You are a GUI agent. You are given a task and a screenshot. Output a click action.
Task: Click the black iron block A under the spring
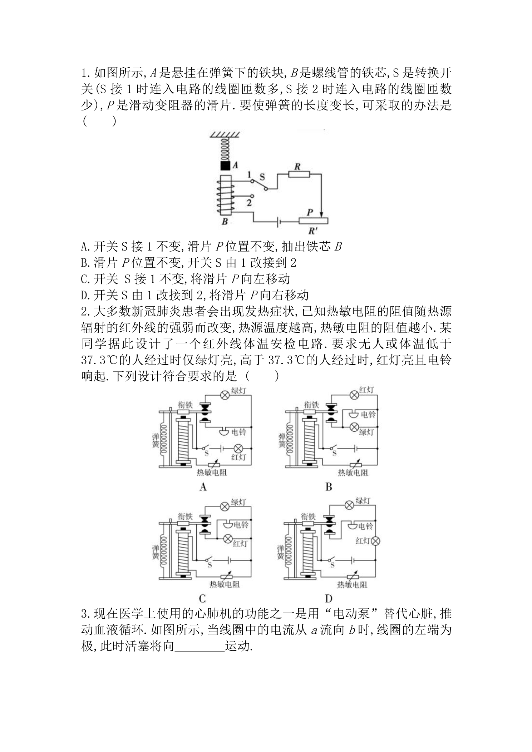pos(225,166)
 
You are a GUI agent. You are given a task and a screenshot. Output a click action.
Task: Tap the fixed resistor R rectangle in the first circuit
pos(299,174)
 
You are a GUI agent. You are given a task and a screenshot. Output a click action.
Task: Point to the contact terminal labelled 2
pos(252,196)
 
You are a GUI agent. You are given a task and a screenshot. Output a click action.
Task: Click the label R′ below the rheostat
pos(313,231)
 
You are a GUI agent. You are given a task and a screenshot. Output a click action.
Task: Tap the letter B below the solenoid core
pos(225,222)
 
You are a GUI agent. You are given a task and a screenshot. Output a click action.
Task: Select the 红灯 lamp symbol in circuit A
pos(238,448)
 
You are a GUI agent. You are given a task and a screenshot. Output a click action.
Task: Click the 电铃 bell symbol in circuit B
pos(354,415)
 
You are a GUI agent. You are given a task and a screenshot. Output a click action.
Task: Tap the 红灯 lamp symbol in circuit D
pos(375,541)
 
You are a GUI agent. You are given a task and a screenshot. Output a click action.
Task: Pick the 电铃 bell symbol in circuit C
pos(227,525)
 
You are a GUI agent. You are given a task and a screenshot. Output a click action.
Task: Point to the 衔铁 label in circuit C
pos(185,516)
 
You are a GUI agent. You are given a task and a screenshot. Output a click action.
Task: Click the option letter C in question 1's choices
pos(84,279)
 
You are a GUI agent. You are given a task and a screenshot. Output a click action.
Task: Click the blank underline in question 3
pos(200,652)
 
